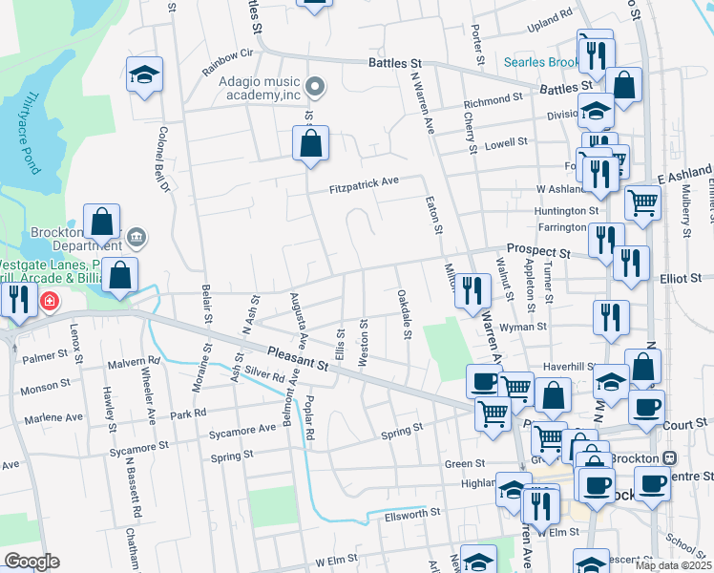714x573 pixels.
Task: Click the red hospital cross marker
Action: click(x=49, y=303)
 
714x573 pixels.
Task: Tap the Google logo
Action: click(x=31, y=562)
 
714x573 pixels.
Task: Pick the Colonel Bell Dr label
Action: click(x=163, y=159)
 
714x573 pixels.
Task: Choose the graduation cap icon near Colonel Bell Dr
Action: click(x=144, y=75)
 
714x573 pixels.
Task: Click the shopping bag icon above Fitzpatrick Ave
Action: click(x=310, y=145)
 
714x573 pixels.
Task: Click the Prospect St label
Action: click(x=537, y=251)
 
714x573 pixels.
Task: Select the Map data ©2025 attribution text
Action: click(x=674, y=565)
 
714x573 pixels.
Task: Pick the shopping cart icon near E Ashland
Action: click(x=642, y=202)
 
